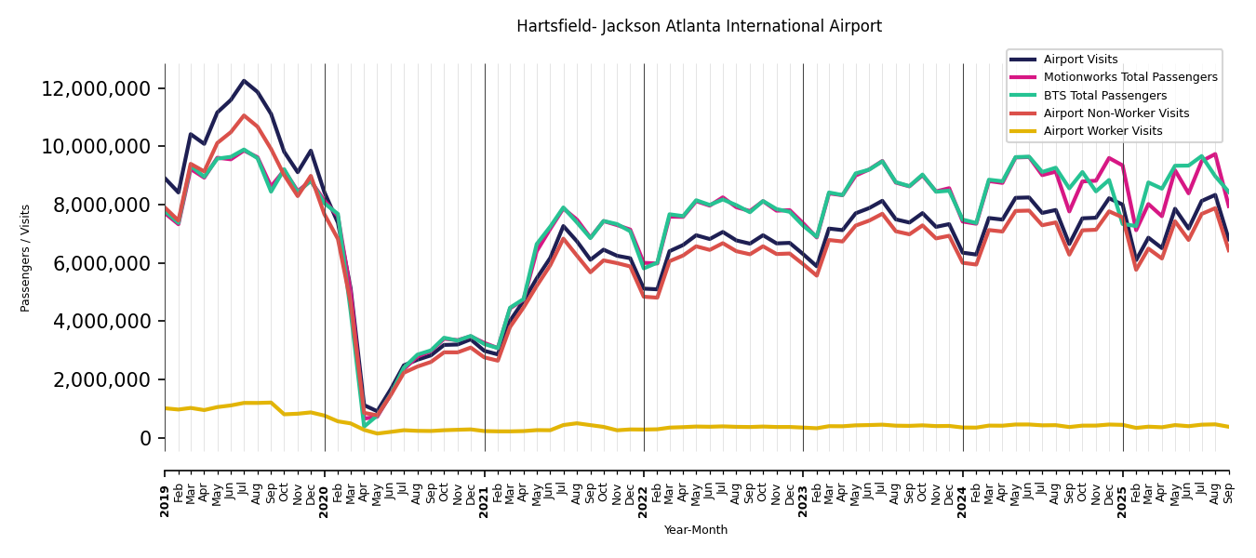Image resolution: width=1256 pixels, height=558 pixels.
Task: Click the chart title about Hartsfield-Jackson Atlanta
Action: [x=699, y=27]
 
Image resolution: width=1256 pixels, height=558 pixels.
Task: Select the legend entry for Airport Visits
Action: [x=1080, y=60]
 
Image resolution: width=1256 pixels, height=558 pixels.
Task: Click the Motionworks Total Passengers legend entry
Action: [x=1129, y=77]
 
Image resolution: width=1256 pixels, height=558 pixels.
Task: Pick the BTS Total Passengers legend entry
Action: [x=1104, y=96]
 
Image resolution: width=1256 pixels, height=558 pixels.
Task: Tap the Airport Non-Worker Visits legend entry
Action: [x=1116, y=113]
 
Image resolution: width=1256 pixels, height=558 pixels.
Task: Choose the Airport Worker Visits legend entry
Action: [x=1102, y=131]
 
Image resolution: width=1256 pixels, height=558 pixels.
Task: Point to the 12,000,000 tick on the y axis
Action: [x=97, y=89]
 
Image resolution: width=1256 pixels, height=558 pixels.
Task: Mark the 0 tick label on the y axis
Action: [x=146, y=438]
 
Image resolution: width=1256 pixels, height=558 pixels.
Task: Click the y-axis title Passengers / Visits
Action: [x=26, y=258]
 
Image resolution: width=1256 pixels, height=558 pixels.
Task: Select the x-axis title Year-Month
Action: [x=696, y=530]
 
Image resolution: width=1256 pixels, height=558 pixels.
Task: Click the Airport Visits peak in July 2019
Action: [x=244, y=81]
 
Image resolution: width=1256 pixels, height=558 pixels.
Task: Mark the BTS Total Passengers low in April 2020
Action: [x=365, y=426]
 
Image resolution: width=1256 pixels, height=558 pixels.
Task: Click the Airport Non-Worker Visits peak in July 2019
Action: [x=244, y=115]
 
